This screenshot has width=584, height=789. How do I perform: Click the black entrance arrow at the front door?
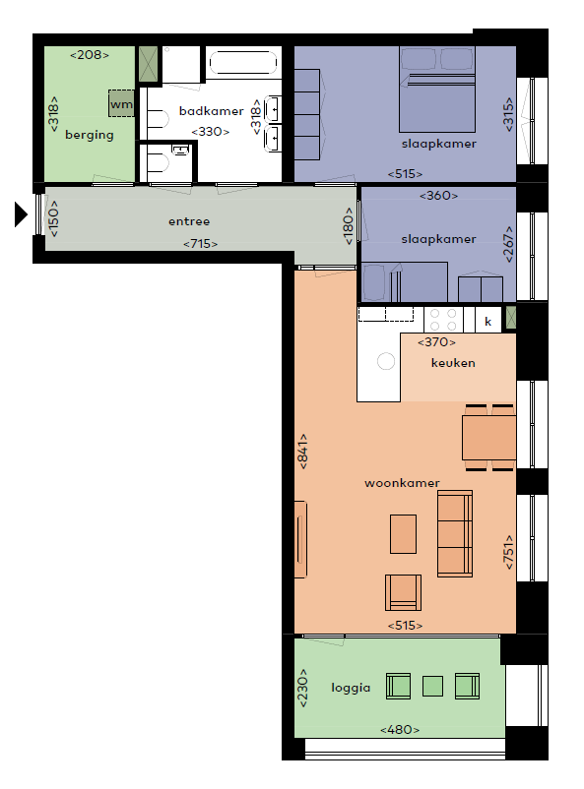(20, 214)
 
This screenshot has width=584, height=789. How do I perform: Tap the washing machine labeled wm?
(121, 103)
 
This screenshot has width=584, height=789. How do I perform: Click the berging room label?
(90, 135)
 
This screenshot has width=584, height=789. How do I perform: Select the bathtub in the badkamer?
(243, 63)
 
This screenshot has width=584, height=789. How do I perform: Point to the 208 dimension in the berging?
(90, 55)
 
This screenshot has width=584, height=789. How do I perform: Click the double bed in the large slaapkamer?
(437, 90)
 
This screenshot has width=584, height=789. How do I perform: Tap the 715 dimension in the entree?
(201, 244)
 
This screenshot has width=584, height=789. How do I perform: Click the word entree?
(189, 221)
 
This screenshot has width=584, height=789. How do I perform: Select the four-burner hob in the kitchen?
(443, 320)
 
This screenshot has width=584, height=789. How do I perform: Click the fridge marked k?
(487, 321)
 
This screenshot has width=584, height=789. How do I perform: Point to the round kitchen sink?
(386, 361)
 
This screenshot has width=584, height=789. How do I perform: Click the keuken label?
(453, 363)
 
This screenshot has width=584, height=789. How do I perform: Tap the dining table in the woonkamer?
(488, 437)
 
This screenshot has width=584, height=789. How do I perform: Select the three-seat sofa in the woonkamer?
(455, 533)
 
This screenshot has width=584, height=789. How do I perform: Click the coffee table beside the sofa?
(403, 534)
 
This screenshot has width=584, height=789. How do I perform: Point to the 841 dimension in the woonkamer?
(302, 452)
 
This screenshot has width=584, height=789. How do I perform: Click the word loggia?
(351, 688)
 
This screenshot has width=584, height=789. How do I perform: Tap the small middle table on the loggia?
(432, 687)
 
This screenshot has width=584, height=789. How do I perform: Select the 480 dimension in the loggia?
(400, 730)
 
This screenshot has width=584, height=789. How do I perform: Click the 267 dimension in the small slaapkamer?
(508, 244)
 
